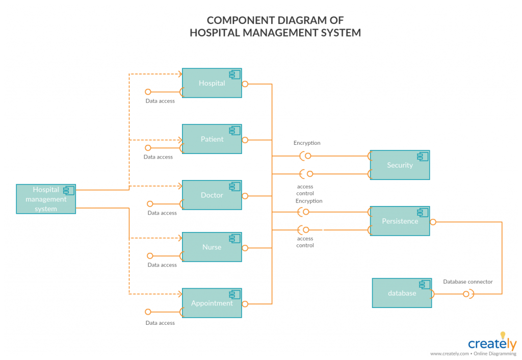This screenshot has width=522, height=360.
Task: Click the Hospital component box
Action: (212, 83)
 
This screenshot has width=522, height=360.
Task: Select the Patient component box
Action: (212, 139)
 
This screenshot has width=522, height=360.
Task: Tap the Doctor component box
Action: (212, 195)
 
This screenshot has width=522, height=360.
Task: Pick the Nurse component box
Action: (212, 247)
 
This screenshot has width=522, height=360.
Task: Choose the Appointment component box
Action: (212, 303)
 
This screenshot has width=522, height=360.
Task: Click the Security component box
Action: (400, 165)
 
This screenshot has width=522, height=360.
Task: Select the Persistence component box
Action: (400, 221)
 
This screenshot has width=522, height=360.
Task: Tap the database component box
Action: (402, 293)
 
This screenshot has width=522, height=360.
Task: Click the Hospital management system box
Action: (46, 199)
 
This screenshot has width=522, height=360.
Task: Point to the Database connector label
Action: (468, 281)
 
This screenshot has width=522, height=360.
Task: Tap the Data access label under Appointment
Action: (160, 323)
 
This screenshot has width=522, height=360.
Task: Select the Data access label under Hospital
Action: (160, 101)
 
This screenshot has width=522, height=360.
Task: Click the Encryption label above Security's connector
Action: (307, 143)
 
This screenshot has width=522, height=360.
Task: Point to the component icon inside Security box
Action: (423, 157)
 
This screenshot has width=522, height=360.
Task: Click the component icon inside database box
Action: (425, 285)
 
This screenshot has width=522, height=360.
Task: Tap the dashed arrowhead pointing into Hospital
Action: (179, 74)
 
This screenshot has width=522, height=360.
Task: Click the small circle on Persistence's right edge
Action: (433, 222)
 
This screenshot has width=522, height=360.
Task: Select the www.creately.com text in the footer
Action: (449, 353)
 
